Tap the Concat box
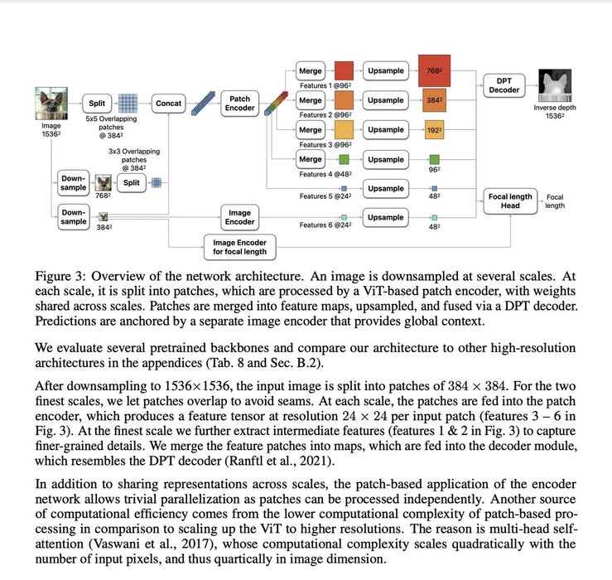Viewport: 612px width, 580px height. (x=169, y=104)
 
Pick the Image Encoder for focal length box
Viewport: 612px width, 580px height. (x=241, y=245)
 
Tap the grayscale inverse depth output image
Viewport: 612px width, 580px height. (x=557, y=86)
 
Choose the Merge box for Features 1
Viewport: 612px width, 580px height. (x=310, y=70)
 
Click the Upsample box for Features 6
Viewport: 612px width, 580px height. (x=385, y=217)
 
